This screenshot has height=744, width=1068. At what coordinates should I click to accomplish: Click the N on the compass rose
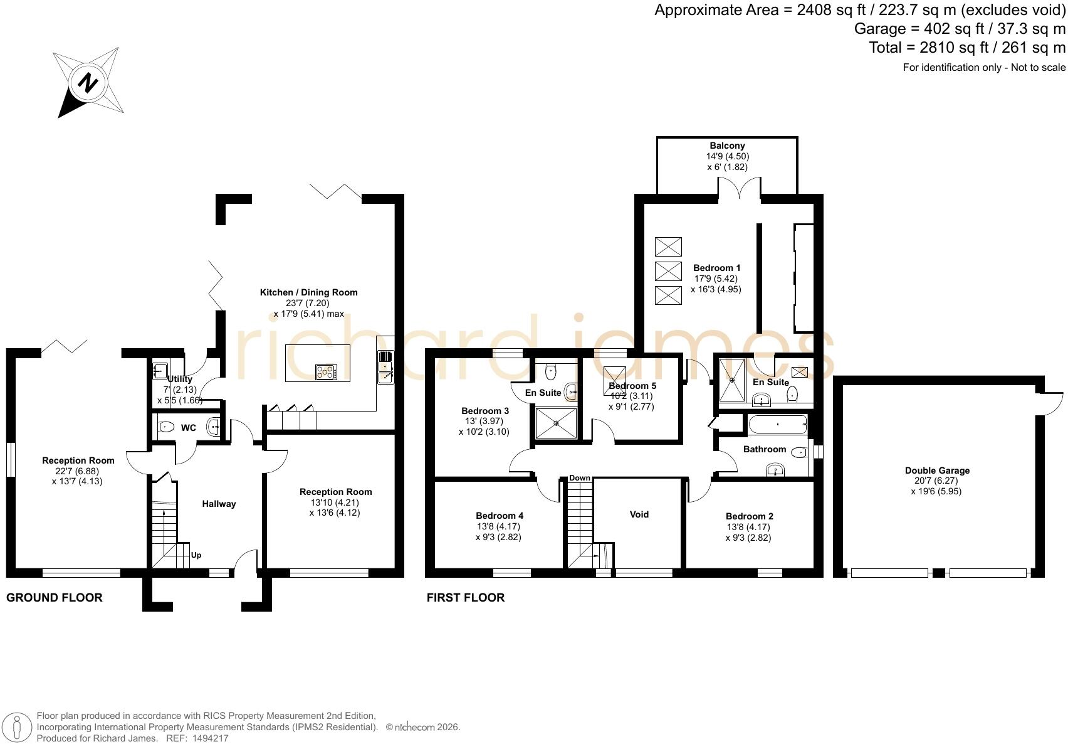click(88, 84)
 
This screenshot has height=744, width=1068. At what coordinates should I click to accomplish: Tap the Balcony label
click(727, 146)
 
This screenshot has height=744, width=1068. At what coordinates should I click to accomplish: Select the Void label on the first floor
click(639, 514)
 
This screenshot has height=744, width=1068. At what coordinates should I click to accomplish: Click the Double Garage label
click(938, 470)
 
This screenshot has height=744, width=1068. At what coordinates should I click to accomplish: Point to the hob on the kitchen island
click(326, 372)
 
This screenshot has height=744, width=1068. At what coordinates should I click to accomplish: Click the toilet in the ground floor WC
click(165, 426)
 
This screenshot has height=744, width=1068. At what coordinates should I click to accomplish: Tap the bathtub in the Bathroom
click(777, 424)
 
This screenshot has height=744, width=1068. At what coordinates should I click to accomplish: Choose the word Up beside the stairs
click(196, 555)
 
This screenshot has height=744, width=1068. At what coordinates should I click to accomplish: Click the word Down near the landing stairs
click(580, 478)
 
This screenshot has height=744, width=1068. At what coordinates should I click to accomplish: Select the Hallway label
click(219, 504)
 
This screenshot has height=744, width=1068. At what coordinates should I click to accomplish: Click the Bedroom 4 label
click(499, 516)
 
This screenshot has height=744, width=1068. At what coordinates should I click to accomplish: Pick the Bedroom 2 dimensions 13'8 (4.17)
click(748, 527)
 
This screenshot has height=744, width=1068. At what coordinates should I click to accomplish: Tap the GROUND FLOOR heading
click(55, 597)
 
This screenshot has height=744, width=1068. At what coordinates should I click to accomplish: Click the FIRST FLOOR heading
click(465, 597)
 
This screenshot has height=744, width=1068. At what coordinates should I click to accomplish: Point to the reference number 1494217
click(210, 738)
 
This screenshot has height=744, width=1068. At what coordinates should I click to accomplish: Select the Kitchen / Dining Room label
click(308, 292)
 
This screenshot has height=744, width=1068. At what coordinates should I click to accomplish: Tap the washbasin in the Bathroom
click(775, 470)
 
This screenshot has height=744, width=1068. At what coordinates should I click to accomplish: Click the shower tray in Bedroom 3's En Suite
click(556, 423)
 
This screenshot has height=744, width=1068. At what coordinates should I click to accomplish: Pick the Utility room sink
click(160, 370)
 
